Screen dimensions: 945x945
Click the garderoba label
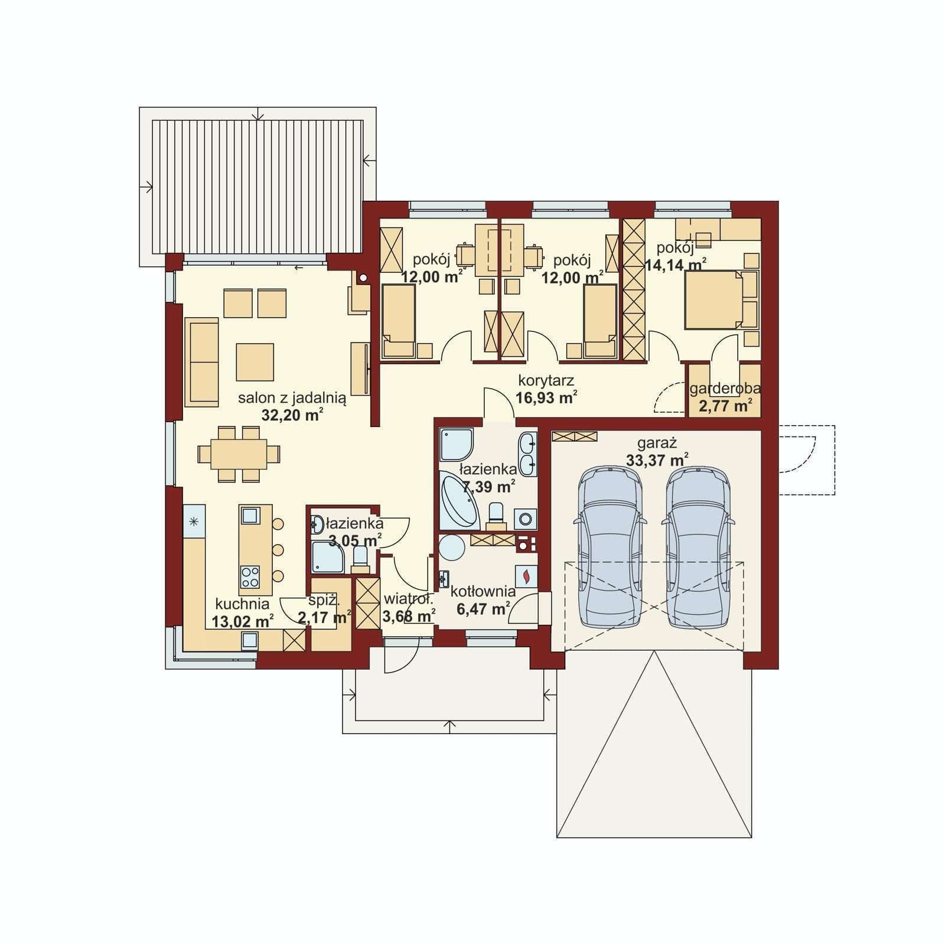coord(725,389)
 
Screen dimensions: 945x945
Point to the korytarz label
coord(546,380)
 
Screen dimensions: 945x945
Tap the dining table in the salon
coord(239,454)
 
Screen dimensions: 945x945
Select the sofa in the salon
coord(201,362)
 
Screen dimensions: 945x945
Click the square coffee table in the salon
coord(255,362)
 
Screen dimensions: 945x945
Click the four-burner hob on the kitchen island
coord(250,576)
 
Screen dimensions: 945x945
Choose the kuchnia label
coord(242,604)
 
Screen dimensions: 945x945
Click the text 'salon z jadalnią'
coord(292,398)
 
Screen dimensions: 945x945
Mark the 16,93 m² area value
coord(546,397)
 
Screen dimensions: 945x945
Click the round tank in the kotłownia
coord(452,548)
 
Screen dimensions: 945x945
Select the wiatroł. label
coord(408,599)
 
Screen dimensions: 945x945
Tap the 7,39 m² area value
coord(488,487)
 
